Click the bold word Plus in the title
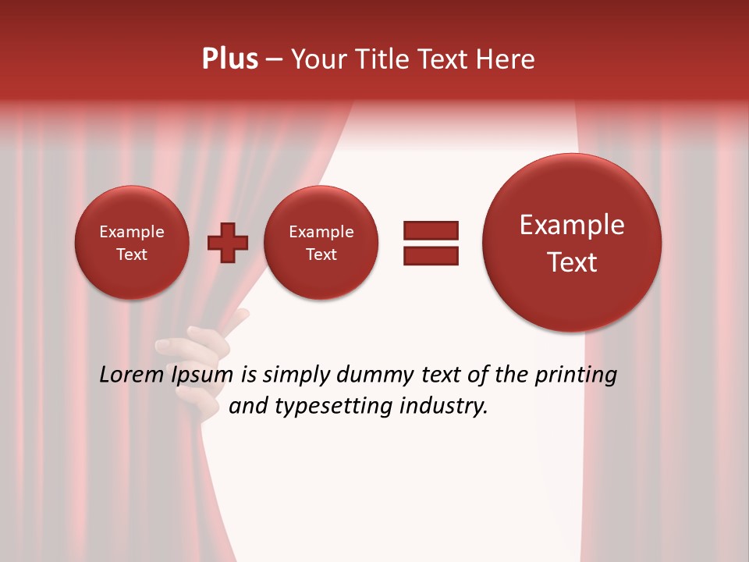[x=230, y=59]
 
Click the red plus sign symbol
[x=228, y=243]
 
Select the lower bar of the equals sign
[x=431, y=254]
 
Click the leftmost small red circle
[x=132, y=243]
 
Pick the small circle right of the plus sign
[x=321, y=243]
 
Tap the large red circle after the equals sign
[x=572, y=243]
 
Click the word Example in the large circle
[x=572, y=225]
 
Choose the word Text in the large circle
[x=572, y=262]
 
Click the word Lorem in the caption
[x=130, y=375]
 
